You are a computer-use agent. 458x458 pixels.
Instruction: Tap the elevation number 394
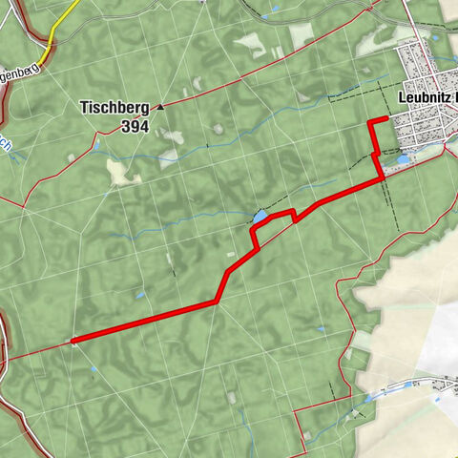[135, 125]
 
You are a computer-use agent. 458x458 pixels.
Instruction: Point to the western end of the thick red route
[73, 339]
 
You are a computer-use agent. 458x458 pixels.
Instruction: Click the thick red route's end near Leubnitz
[386, 119]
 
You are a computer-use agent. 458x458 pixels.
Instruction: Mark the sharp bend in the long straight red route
[218, 301]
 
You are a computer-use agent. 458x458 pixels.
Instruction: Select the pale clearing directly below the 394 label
[118, 172]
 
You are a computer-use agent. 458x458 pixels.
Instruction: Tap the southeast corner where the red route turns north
[383, 177]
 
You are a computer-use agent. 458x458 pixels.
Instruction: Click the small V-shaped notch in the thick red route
[295, 219]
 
